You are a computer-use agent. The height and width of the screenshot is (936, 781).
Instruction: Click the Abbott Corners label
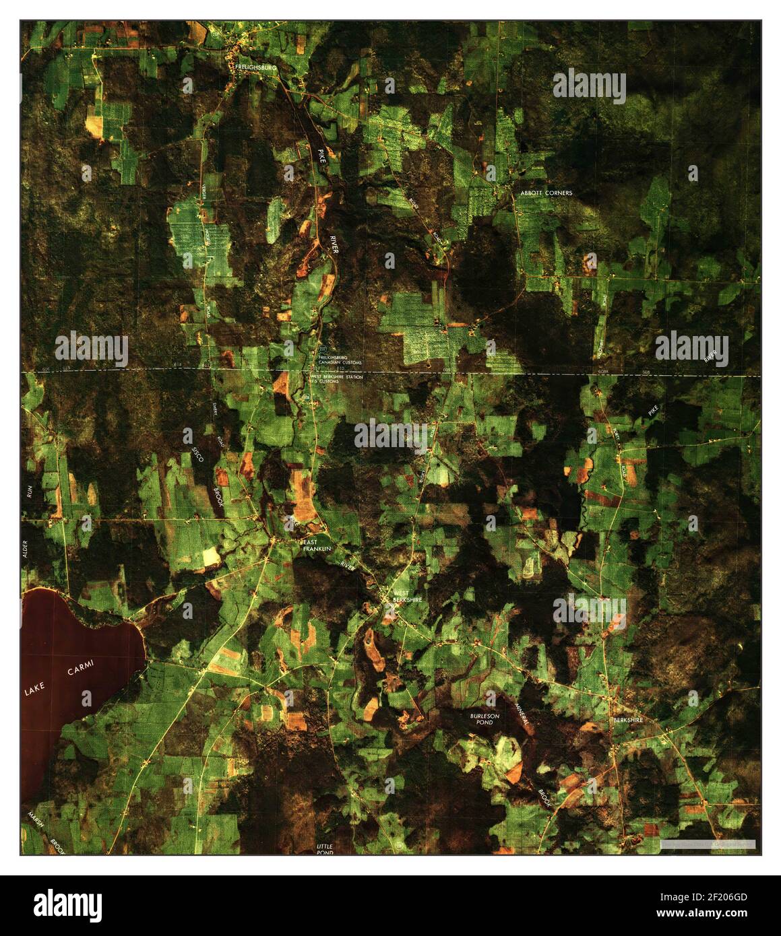coord(546,193)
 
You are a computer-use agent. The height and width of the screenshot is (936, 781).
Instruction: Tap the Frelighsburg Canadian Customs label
coord(341,360)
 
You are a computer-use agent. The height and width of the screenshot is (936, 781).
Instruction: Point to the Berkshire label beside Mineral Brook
coord(628,720)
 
